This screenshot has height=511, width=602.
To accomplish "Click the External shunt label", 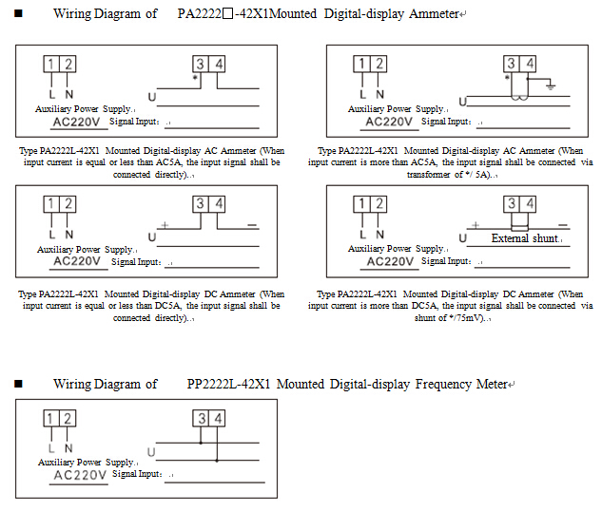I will (x=524, y=238).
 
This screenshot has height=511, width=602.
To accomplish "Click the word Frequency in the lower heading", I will (x=413, y=385).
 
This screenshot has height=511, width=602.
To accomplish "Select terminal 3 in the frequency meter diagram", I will (x=201, y=419).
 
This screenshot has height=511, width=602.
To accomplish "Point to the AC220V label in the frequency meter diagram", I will (x=80, y=475).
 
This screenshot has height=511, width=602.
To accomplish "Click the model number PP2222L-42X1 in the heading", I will (x=228, y=385).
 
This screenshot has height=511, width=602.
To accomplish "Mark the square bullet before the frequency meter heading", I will (x=18, y=385).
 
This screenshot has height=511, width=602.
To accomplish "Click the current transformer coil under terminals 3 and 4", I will (x=516, y=96).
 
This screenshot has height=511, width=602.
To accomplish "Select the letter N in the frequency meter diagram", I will (x=68, y=447).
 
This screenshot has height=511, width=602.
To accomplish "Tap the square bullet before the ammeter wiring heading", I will (x=18, y=14).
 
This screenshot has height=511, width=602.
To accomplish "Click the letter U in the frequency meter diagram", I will (x=151, y=452).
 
